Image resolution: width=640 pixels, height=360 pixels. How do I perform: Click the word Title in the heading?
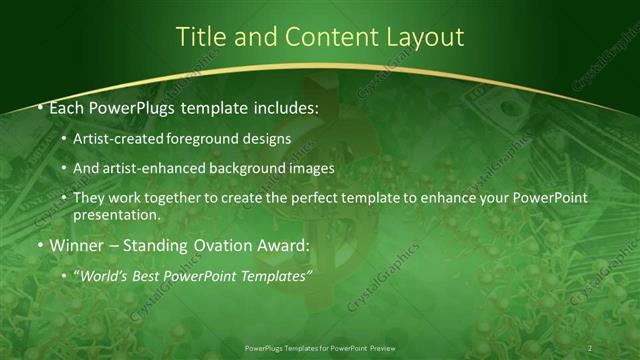click(x=200, y=37)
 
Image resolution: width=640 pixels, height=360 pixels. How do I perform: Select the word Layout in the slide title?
click(x=425, y=37)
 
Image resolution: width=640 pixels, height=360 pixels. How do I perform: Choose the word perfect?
click(x=277, y=198)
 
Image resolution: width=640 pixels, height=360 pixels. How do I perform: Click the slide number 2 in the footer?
click(x=589, y=347)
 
